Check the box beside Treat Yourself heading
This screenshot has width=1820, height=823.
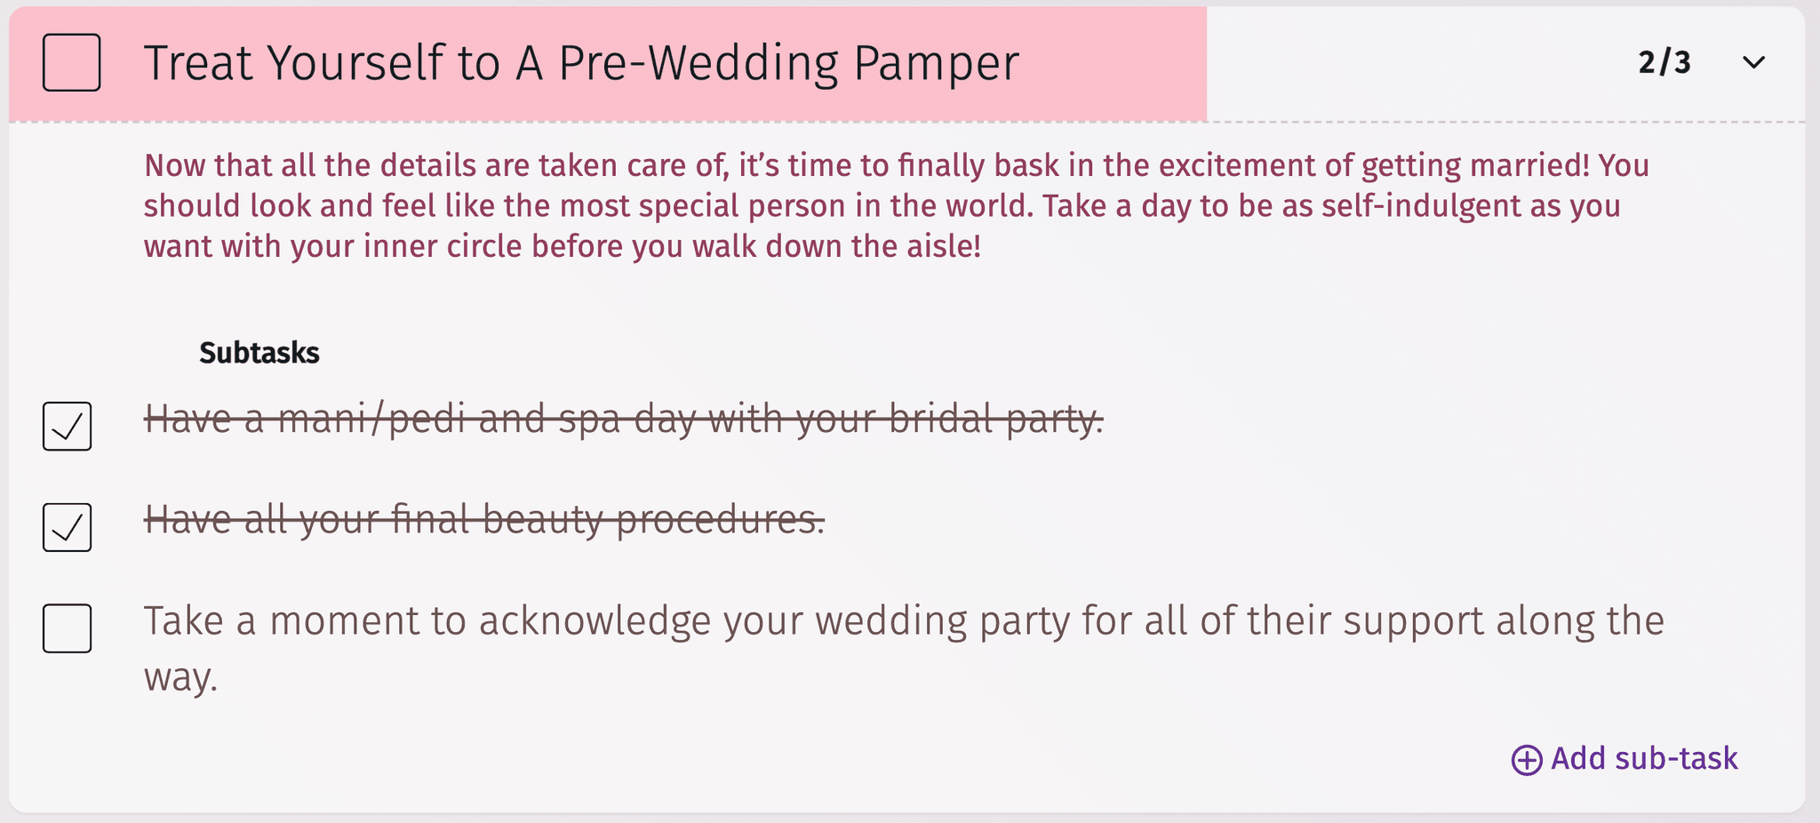click(x=71, y=62)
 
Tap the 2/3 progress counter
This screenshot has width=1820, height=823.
click(x=1664, y=62)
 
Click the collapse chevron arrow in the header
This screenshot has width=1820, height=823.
click(x=1753, y=62)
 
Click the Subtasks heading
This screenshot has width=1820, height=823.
click(x=259, y=353)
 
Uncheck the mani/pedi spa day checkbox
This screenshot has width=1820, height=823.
click(x=68, y=427)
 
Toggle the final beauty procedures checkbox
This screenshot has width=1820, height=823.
click(x=68, y=527)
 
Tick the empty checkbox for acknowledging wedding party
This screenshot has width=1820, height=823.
click(x=68, y=628)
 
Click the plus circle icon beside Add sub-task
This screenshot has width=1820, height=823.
click(x=1527, y=760)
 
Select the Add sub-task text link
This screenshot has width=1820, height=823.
click(x=1644, y=759)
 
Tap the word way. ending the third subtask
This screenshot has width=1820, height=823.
click(x=180, y=678)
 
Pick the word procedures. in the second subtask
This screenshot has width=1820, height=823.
click(x=720, y=520)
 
